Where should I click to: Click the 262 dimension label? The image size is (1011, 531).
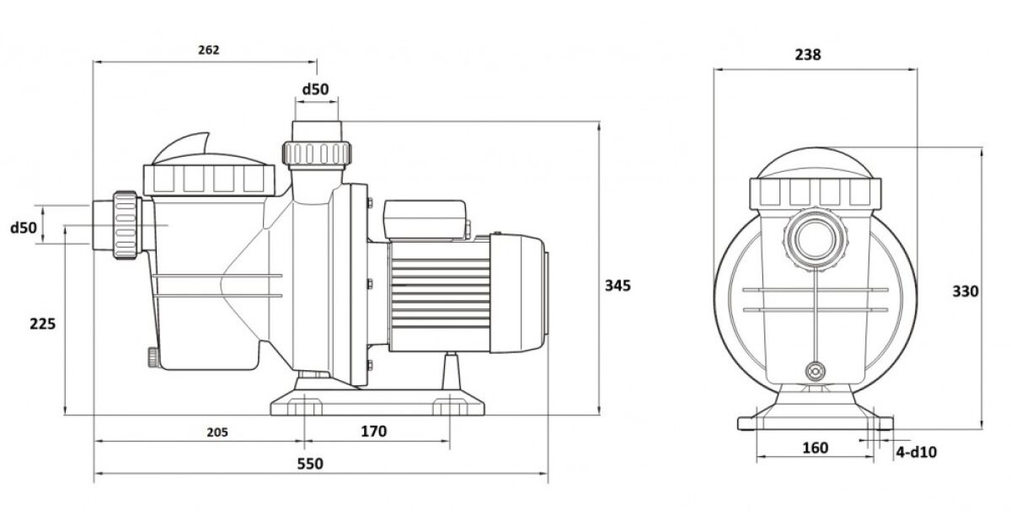[x=209, y=50]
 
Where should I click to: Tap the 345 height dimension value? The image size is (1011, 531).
[x=618, y=285]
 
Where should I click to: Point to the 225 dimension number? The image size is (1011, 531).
[x=42, y=323]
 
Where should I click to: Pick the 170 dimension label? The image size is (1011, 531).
[x=373, y=432]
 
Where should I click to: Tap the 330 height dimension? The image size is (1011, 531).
[x=966, y=292]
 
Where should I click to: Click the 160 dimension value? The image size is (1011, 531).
[x=815, y=448]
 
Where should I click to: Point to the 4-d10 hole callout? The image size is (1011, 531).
[x=916, y=453]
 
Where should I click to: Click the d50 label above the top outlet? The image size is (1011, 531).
[x=315, y=89]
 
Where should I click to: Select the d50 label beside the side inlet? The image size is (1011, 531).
[x=24, y=228]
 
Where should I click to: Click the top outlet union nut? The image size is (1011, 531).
[x=316, y=153]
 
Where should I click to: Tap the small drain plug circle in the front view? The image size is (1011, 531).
[x=815, y=371]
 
